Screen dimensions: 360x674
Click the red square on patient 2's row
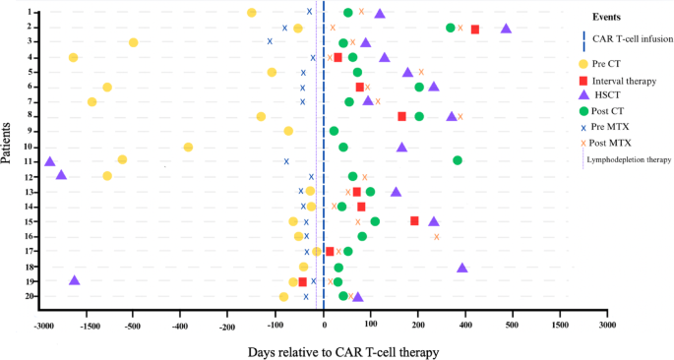(475, 30)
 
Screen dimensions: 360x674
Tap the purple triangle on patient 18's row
(462, 268)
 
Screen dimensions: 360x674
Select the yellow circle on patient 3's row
(134, 42)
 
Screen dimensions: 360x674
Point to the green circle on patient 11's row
(458, 160)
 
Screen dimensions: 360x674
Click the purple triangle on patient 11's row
(50, 161)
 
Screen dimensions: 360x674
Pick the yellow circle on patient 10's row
(188, 148)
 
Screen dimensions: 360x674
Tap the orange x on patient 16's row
(437, 237)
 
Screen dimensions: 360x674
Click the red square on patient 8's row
(402, 116)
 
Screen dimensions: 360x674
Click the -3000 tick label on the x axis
(42, 325)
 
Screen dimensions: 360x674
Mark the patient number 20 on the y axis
(31, 296)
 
